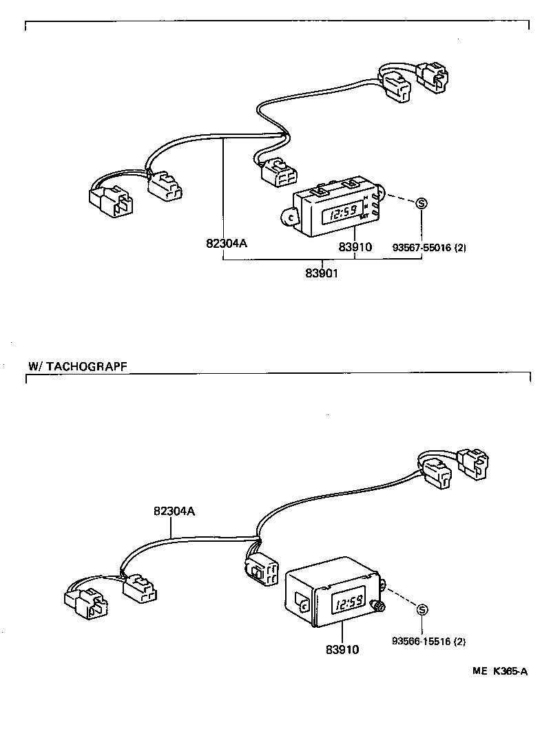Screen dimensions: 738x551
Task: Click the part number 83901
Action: tap(321, 273)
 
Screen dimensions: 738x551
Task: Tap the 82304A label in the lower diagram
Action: tap(174, 511)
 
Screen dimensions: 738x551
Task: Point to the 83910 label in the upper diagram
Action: tap(355, 246)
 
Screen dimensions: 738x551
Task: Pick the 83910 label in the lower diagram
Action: tap(342, 649)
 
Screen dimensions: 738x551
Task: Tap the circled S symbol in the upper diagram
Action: tap(422, 203)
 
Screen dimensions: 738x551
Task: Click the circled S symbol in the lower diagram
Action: tap(422, 609)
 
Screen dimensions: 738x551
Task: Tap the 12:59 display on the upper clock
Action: tap(341, 214)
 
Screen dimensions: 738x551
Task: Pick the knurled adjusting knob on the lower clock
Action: tap(377, 607)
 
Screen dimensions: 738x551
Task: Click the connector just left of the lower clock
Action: tap(261, 569)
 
